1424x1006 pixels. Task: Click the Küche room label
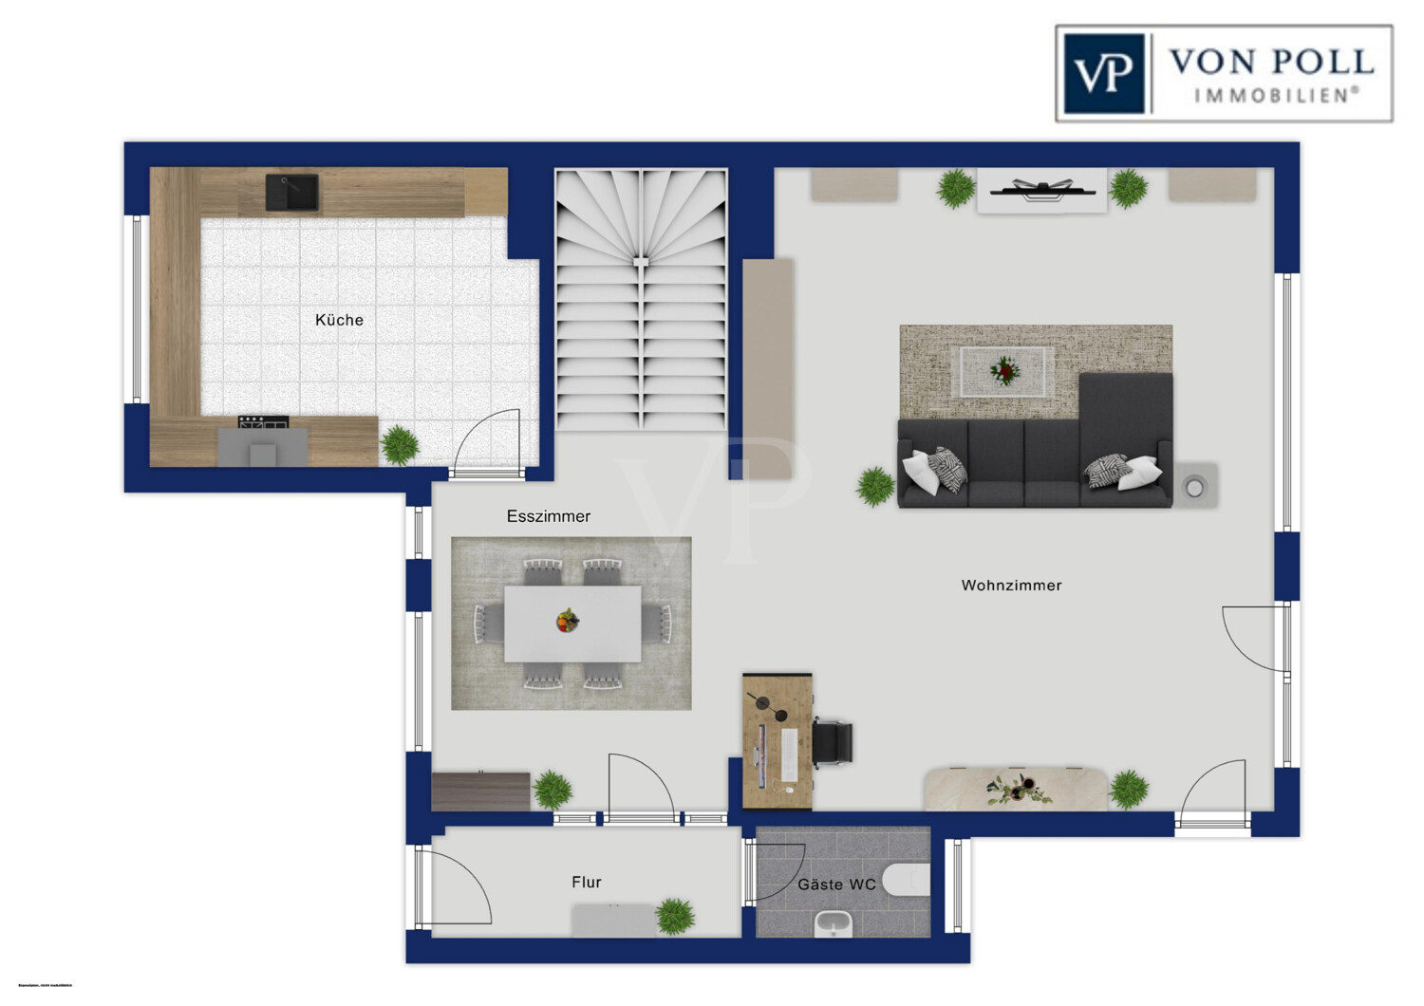339,321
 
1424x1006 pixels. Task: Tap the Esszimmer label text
548,516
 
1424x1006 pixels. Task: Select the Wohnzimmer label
1011,586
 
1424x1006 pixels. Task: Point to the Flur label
586,883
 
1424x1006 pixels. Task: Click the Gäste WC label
835,885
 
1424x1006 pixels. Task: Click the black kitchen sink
292,193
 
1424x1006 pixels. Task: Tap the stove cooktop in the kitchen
264,422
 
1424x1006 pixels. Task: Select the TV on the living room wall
1041,189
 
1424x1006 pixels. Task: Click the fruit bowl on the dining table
568,622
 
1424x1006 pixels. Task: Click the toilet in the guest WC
907,881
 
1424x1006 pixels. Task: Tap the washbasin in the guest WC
834,922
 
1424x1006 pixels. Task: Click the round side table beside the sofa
1194,488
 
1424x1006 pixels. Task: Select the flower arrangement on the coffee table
1004,370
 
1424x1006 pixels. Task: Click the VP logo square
1103,74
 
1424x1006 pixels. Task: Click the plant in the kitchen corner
400,444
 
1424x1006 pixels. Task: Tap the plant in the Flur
674,915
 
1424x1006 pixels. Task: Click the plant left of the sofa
875,486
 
